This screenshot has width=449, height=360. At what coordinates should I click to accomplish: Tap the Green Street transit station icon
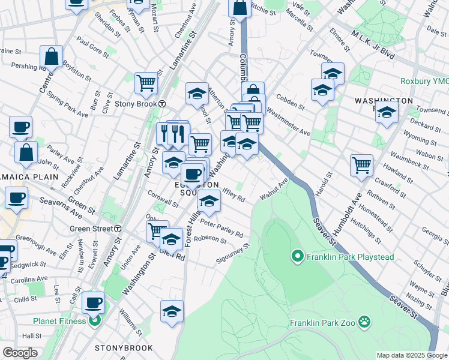tap(118, 229)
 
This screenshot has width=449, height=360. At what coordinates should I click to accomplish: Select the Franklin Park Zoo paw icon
tap(364, 322)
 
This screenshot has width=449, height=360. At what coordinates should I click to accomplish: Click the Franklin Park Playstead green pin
tap(297, 257)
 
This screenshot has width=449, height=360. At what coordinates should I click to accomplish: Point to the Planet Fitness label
tap(59, 321)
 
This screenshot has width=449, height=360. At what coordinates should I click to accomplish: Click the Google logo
tap(20, 353)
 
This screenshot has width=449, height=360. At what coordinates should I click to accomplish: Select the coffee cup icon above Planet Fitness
tap(93, 302)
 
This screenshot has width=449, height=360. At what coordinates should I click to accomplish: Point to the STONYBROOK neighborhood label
tap(124, 348)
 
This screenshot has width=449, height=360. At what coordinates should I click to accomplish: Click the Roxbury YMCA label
tap(424, 81)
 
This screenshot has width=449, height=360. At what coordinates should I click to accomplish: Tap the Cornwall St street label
tap(163, 200)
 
